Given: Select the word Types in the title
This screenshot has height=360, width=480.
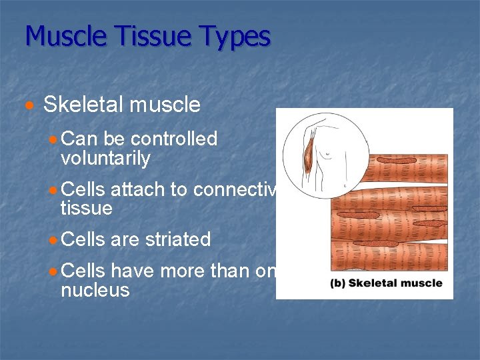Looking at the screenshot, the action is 228,36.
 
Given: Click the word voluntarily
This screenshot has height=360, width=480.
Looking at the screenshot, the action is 105,159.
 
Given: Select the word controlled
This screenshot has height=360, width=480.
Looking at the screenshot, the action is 174,139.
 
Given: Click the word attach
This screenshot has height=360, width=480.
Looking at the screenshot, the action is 139,189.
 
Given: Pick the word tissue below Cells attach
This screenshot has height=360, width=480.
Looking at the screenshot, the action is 86,209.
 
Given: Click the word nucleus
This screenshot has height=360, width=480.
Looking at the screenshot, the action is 95,290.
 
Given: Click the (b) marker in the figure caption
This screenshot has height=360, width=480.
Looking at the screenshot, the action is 337,283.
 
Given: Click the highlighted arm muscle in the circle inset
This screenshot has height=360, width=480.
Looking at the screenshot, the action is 308,158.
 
